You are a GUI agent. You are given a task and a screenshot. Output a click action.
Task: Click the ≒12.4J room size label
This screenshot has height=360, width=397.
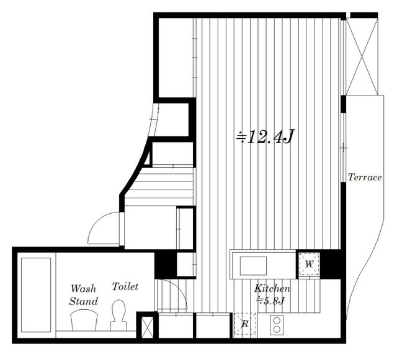coord(265,137)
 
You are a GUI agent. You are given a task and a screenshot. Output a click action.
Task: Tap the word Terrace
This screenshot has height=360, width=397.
coord(365,177)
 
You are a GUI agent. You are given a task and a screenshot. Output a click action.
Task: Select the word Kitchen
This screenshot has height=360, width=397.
coord(272,288)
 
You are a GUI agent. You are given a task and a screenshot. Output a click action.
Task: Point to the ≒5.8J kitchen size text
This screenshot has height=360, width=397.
coord(270,301)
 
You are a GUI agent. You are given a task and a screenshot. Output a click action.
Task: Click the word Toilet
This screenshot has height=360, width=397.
coord(125,286)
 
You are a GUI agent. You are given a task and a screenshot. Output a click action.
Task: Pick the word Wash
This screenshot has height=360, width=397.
coord(84,289)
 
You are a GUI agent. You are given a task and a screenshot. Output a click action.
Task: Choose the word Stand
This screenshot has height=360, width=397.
coord(84,301)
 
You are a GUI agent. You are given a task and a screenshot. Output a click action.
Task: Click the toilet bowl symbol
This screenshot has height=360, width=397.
coord(118,315)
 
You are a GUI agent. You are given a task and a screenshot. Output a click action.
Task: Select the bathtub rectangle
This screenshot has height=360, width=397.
coord(36,295)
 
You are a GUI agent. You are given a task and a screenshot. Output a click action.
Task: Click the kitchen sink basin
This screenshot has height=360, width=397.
coord(253,266)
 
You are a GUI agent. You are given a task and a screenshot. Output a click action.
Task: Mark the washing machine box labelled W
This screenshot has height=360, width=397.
coord(309,265)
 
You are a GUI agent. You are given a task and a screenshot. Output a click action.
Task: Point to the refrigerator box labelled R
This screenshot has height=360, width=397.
coord(245,324)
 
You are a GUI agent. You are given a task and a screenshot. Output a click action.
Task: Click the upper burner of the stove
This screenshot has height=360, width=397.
coord(277,320)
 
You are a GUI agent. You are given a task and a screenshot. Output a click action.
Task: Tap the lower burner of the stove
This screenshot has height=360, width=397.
coord(277,329)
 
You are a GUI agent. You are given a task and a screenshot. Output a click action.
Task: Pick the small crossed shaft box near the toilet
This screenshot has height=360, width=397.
coord(147,328)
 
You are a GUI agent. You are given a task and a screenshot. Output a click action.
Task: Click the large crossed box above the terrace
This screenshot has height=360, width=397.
coord(362,56)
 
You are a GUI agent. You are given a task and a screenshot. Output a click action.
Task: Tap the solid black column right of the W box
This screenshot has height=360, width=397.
coord(330,264)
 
